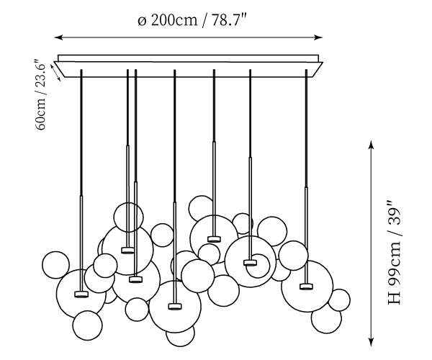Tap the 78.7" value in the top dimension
point(230,20)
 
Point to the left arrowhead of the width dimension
point(58,37)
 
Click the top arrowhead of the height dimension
point(371,144)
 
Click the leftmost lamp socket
point(81,294)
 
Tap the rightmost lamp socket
point(306,286)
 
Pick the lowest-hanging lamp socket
point(174,306)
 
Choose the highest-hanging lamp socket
point(213,238)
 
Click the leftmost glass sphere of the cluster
point(55,264)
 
